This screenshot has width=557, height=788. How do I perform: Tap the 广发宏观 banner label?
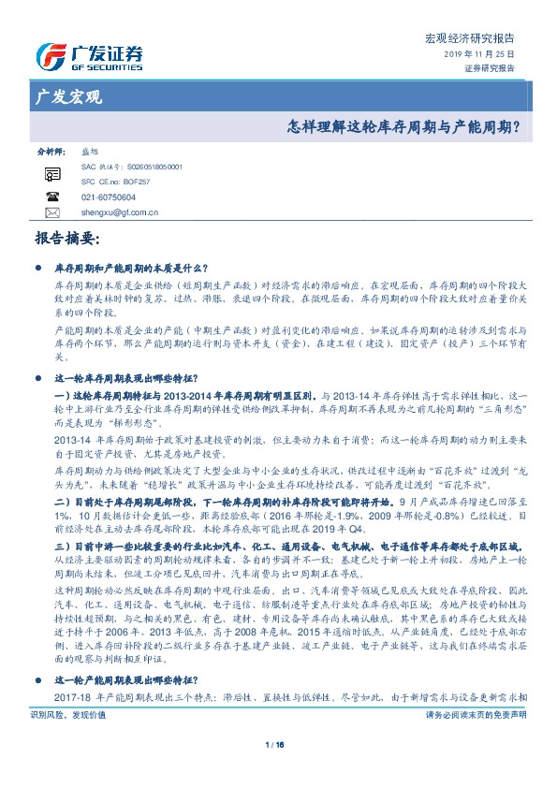pyautogui.click(x=68, y=96)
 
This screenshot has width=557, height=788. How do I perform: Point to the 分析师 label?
pyautogui.click(x=50, y=150)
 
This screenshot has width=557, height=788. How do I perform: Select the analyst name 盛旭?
pyautogui.click(x=91, y=150)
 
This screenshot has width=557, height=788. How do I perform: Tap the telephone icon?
pyautogui.click(x=52, y=197)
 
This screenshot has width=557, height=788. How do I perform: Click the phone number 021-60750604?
pyautogui.click(x=109, y=197)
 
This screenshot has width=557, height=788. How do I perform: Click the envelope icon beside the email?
pyautogui.click(x=52, y=212)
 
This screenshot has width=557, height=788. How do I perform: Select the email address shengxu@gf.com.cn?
pyautogui.click(x=121, y=212)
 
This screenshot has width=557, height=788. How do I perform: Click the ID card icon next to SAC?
pyautogui.click(x=52, y=173)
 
